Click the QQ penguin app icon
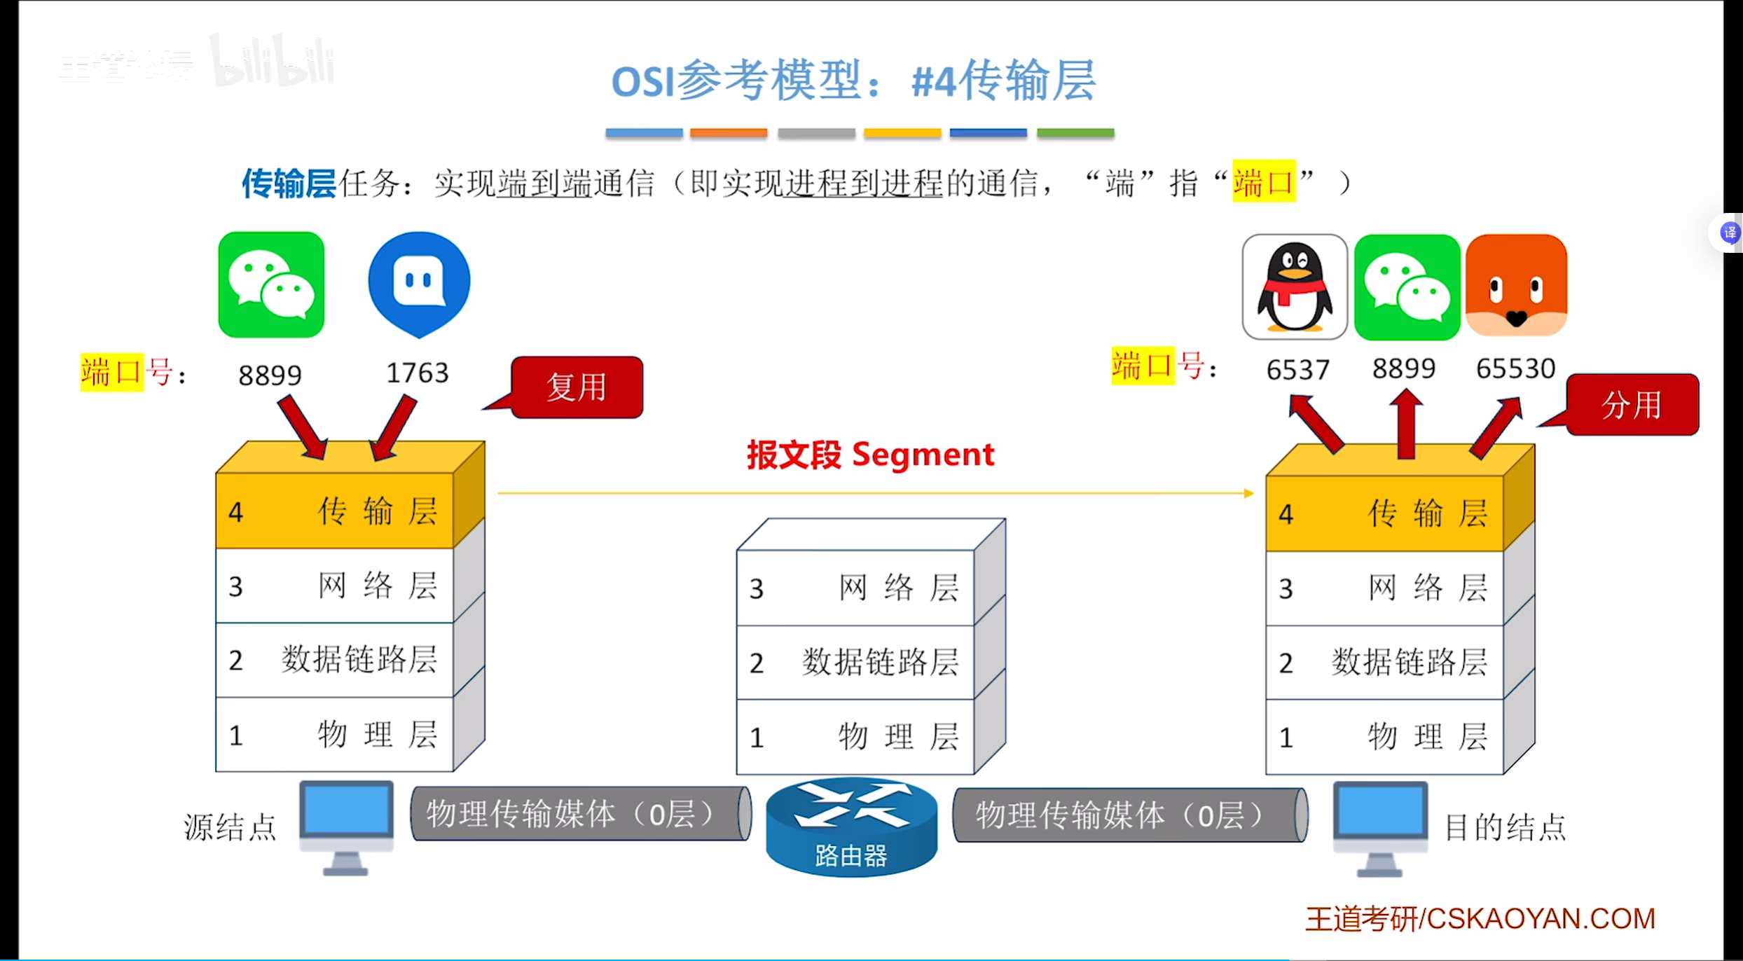coord(1294,286)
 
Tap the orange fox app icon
coord(1516,286)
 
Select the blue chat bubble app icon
coord(419,283)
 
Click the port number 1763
coord(418,373)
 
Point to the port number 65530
coord(1515,368)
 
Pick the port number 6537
coord(1297,370)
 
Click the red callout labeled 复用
coord(577,387)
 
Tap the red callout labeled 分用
coord(1632,405)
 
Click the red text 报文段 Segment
coord(870,455)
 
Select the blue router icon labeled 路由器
coord(851,827)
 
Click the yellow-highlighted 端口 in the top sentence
coord(1263,183)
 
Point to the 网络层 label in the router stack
coord(898,588)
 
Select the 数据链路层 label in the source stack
coord(359,660)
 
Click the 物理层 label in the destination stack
coord(1427,737)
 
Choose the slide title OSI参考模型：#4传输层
coord(853,81)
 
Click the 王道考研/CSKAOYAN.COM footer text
coord(1480,919)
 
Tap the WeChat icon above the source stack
coord(271,284)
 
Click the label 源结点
coord(230,827)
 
